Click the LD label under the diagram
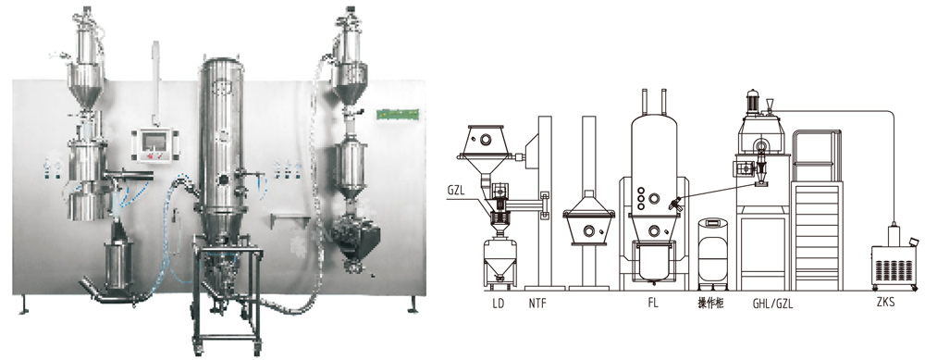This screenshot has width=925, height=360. click(498, 304)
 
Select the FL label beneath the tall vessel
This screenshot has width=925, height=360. click(652, 304)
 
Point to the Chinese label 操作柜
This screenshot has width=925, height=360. click(710, 304)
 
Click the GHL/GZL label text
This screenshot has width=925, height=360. click(772, 304)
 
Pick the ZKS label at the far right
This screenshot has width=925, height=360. click(885, 304)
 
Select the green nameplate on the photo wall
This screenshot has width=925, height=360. click(398, 113)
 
